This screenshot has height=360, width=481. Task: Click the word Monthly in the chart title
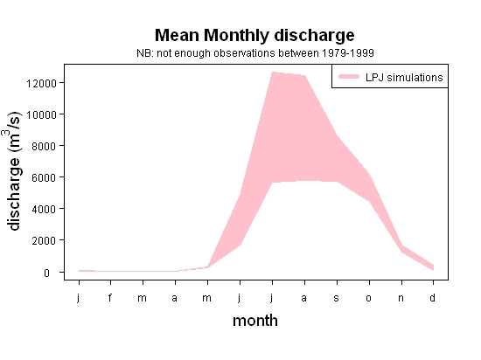[x=236, y=36]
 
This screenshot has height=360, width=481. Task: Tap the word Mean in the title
[x=177, y=35]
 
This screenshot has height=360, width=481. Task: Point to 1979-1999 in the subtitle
[x=347, y=53]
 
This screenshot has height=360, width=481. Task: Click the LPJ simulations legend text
[x=404, y=78]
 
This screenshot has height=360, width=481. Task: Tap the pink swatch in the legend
[x=349, y=77]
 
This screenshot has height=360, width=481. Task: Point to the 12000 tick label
[x=41, y=83]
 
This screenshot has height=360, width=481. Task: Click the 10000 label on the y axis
[x=41, y=114]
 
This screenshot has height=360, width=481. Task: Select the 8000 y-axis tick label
[x=45, y=147]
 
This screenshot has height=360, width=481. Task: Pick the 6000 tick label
[x=45, y=178]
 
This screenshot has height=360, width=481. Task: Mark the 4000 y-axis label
[x=45, y=210]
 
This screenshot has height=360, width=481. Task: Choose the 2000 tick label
[x=45, y=241]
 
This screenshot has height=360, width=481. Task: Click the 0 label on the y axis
[x=46, y=273]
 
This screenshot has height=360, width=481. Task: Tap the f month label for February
[x=110, y=297]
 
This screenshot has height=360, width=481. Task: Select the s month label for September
[x=337, y=298]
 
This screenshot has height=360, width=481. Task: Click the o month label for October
[x=369, y=298]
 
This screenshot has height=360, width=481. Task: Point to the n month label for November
[x=401, y=298]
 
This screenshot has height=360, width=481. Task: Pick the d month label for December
[x=433, y=297]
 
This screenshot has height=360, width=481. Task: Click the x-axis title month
[x=255, y=321]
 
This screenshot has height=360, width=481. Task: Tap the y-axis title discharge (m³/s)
[x=13, y=171]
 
